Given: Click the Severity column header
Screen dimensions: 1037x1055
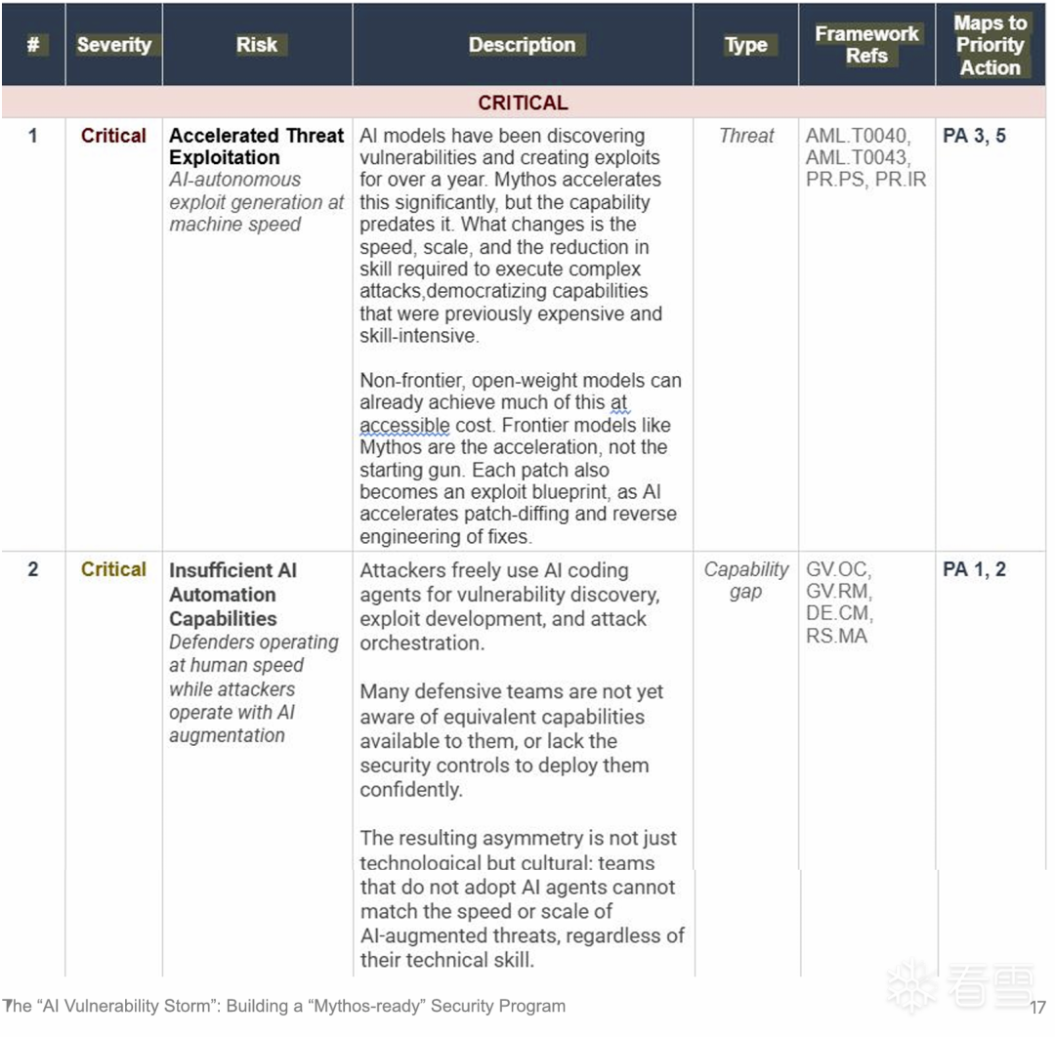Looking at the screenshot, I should click(113, 45).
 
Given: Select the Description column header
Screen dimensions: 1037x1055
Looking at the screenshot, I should click(522, 45).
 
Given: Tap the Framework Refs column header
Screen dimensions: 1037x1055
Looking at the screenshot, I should click(866, 45).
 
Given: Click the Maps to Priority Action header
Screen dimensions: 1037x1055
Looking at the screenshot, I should click(990, 45).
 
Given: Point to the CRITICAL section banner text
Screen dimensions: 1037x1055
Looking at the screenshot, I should click(523, 103).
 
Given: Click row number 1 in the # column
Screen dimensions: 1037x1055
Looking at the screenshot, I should click(32, 136).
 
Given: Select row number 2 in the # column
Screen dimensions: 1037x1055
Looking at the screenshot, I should click(32, 569).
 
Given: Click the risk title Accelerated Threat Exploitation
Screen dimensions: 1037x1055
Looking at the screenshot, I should click(256, 146).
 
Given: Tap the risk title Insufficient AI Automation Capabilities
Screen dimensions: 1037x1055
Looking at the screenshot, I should click(232, 594).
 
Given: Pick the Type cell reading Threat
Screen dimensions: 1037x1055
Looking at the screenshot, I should click(746, 136).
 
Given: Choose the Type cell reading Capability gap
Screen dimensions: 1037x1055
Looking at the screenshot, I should click(746, 580).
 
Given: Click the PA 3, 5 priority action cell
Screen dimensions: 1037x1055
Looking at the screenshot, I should click(974, 136).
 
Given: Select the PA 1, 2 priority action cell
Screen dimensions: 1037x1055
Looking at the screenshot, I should click(974, 569).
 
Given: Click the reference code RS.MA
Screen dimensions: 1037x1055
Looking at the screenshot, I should click(836, 637).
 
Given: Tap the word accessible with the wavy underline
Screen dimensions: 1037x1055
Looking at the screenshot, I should click(404, 426).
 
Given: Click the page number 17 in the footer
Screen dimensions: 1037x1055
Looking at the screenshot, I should click(1037, 1007).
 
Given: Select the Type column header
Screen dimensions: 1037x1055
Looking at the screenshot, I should click(746, 45).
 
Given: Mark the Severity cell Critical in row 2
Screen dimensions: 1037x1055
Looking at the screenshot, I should click(113, 569).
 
